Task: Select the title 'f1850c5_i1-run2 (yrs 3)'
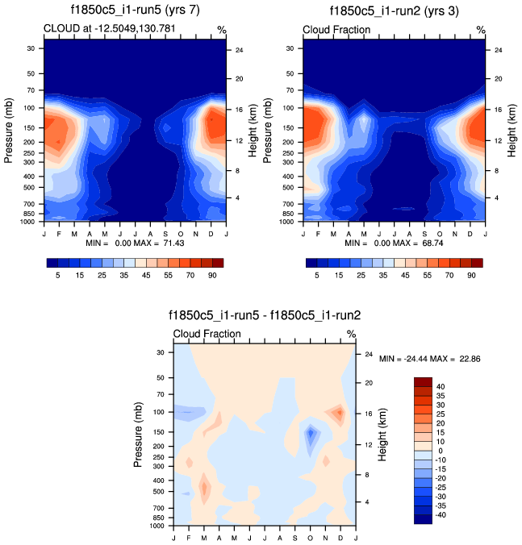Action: pos(395,11)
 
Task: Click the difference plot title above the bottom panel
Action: pos(265,316)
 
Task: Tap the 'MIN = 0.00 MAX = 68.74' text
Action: pos(395,243)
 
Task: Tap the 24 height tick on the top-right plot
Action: pos(499,50)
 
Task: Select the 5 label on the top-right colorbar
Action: pos(317,275)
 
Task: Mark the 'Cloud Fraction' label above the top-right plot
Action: pos(336,30)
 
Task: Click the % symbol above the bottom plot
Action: pos(351,334)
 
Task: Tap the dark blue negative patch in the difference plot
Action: pos(311,437)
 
